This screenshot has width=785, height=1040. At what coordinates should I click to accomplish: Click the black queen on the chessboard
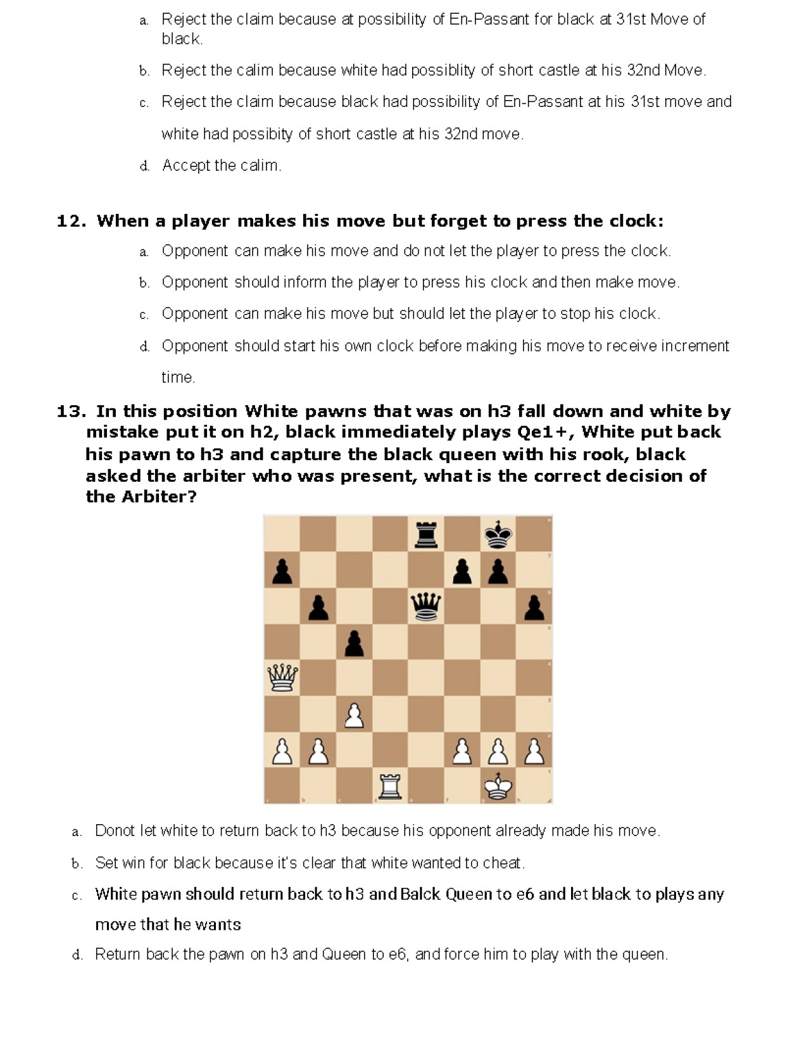(x=426, y=606)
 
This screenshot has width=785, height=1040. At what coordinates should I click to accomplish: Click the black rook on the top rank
(x=426, y=534)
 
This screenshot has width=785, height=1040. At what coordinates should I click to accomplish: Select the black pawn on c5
(x=354, y=643)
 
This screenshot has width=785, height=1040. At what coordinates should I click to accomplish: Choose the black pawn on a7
(x=282, y=571)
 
